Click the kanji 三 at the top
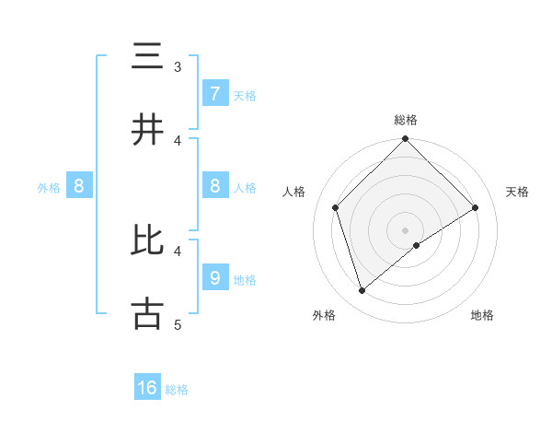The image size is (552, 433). (148, 57)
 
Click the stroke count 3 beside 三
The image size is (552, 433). (178, 67)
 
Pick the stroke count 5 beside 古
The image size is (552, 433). (178, 324)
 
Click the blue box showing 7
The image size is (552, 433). (214, 93)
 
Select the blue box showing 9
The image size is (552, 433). (214, 277)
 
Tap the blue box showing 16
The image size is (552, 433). (147, 388)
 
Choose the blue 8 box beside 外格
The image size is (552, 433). (79, 186)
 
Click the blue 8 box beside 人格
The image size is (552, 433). (214, 186)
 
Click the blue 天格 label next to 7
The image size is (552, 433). (245, 95)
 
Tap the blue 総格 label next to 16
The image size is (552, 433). (177, 390)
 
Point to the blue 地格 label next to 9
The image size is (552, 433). (245, 279)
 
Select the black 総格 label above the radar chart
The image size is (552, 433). (406, 121)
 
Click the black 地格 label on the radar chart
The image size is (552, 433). (482, 316)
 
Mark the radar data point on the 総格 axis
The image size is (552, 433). (406, 140)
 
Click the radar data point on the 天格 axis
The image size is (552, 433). (476, 207)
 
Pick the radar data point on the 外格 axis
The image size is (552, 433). (362, 291)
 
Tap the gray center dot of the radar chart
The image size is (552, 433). (406, 230)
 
